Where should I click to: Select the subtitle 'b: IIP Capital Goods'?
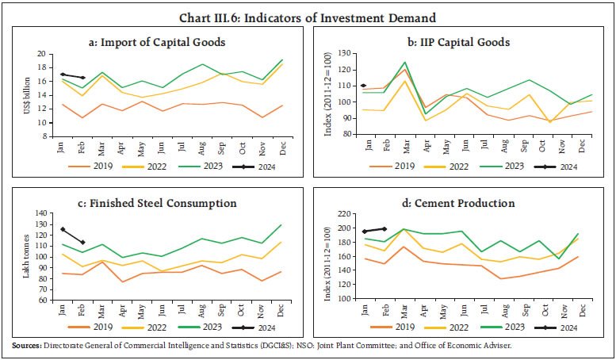point(462,42)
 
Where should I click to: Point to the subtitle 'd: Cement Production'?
point(463,204)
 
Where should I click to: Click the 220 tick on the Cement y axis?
point(346,214)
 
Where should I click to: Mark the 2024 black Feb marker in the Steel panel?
point(83,243)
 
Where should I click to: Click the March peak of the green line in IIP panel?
point(404,63)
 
